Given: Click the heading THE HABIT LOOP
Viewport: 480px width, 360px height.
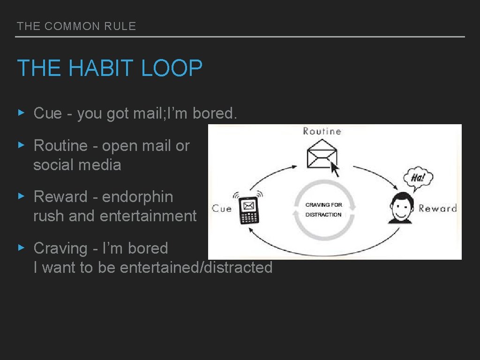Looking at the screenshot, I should [x=110, y=68].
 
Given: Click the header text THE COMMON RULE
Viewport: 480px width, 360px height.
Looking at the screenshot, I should [x=76, y=26].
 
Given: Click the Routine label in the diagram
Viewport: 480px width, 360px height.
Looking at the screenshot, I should [x=322, y=131].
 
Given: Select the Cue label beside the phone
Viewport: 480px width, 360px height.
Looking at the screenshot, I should [x=222, y=208].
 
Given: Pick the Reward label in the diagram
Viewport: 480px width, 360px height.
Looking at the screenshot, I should [x=437, y=208].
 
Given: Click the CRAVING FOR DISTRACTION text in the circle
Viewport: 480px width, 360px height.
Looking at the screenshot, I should [x=324, y=210].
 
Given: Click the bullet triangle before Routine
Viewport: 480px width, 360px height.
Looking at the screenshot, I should [x=21, y=145].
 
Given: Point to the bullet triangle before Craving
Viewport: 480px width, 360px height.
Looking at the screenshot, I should [x=21, y=247].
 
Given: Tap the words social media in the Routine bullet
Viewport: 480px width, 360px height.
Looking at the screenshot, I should [x=77, y=165].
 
